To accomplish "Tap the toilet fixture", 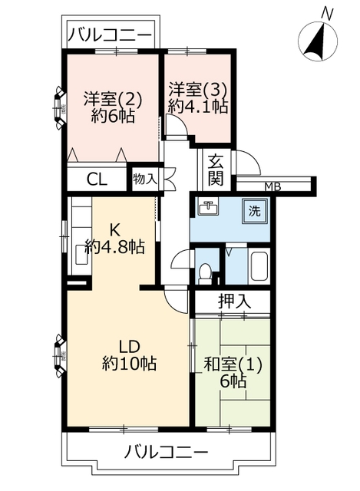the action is click(x=205, y=273).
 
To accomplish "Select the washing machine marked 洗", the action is click(x=254, y=212).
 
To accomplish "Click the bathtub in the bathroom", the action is click(x=259, y=266).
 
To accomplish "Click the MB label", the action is click(x=272, y=187).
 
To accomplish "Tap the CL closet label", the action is click(x=97, y=180).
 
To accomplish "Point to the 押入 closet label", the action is click(x=235, y=302).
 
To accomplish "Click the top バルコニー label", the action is click(x=110, y=35).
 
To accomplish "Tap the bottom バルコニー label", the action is click(x=167, y=452).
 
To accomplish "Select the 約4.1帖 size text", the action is click(x=198, y=107).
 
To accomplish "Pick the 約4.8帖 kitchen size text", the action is click(x=115, y=248).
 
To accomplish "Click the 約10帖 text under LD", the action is click(x=129, y=364).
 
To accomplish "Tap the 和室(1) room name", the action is click(x=233, y=365).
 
